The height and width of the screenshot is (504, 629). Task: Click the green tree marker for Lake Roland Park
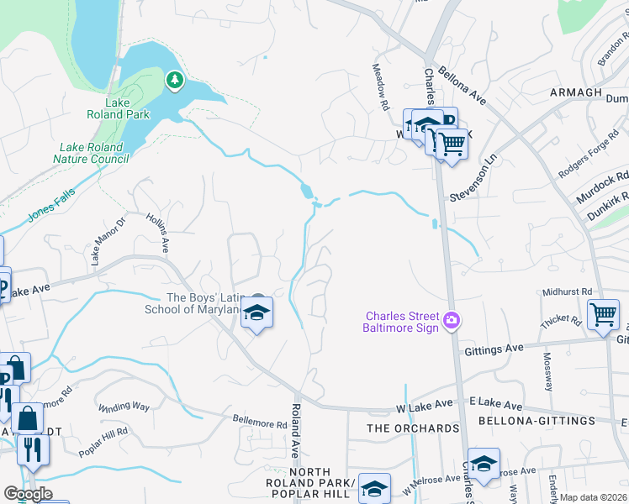tap(174, 79)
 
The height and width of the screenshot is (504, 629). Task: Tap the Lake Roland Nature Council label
tap(88, 152)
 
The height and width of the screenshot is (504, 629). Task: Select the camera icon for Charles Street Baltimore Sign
tap(452, 319)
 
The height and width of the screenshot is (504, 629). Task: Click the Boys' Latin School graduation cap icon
tap(257, 314)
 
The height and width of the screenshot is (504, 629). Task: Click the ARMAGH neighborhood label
tap(576, 92)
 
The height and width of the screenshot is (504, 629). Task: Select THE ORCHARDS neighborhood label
tap(414, 428)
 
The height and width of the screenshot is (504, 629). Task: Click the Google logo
tap(28, 494)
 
